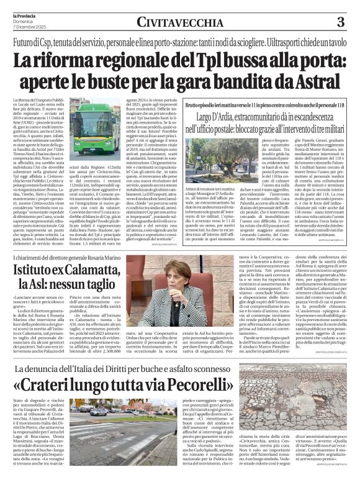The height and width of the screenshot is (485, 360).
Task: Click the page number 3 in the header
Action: [340, 22]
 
